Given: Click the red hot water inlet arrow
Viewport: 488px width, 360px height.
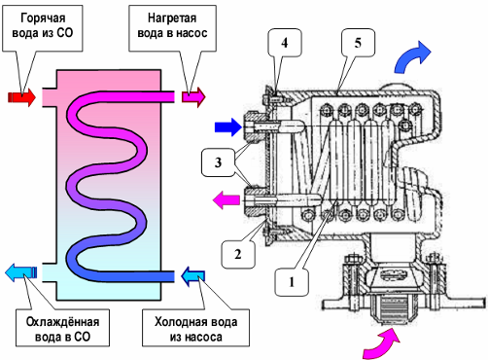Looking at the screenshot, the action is (x=22, y=96).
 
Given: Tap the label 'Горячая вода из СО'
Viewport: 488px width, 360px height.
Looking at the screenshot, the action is (x=43, y=25).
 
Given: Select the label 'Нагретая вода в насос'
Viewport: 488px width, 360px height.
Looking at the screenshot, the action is (x=172, y=25).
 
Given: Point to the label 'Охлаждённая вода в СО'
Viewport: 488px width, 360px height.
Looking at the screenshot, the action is (x=62, y=329).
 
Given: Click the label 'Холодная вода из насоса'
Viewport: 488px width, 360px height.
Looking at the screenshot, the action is (x=195, y=329).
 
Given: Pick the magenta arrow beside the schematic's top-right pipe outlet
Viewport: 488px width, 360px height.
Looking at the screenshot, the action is (x=193, y=96).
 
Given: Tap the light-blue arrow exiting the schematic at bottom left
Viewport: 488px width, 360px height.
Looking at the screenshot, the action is (x=21, y=272).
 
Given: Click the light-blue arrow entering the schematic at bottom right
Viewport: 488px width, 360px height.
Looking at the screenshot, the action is (x=193, y=276).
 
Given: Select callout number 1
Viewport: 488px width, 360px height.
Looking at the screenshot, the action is (x=292, y=282).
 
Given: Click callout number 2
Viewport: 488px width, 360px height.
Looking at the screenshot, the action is (x=238, y=254).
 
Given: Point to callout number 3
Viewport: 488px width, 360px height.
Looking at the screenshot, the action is (x=218, y=162).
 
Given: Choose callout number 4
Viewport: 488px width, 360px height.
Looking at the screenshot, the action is (x=285, y=43).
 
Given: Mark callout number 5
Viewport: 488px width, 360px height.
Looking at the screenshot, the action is (x=358, y=43).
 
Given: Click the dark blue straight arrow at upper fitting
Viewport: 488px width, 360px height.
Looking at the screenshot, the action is (x=228, y=127).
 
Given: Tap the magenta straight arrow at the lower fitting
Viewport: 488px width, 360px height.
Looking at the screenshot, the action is (x=227, y=200).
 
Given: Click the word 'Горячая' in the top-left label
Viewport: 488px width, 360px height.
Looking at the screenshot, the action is (x=43, y=18).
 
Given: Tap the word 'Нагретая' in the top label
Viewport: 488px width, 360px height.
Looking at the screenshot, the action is (x=172, y=18).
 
